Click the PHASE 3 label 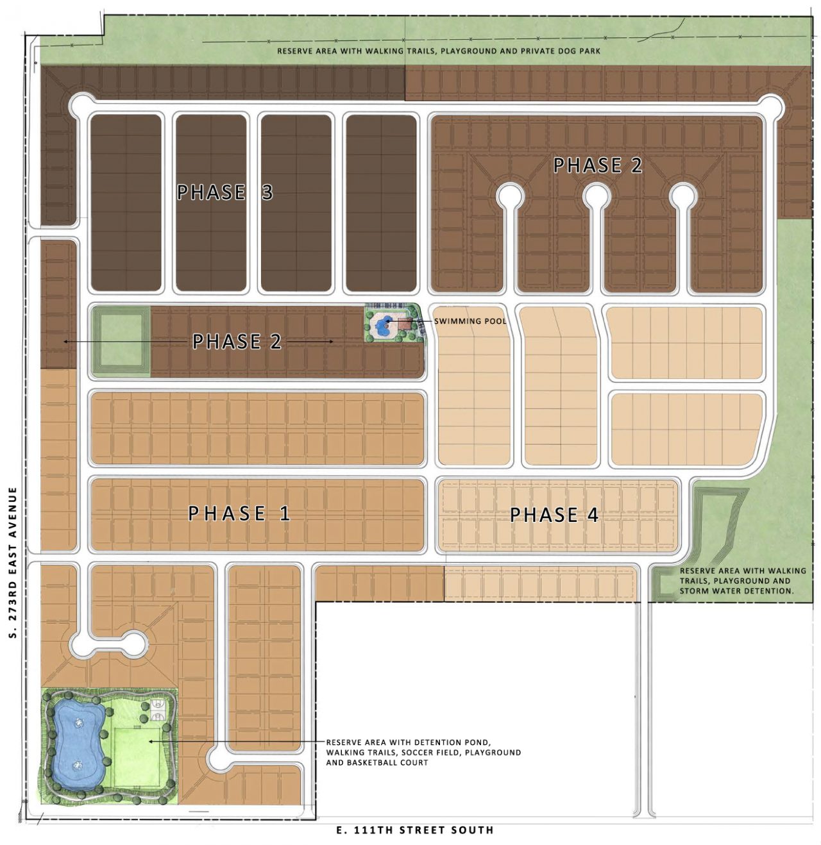224,192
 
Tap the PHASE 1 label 239,513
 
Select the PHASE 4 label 554,515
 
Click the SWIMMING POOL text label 470,321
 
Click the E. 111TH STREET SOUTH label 415,830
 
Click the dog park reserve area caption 439,51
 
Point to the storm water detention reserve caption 742,580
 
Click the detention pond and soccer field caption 423,752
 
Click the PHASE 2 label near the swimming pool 237,341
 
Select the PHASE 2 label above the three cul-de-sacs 597,165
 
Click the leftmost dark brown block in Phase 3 126,203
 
